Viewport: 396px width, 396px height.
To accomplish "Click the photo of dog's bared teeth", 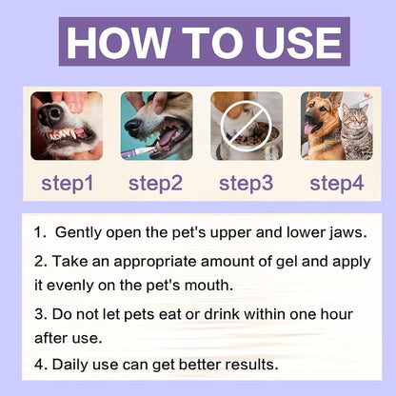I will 66,125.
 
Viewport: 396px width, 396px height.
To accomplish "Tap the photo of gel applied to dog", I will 155,125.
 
